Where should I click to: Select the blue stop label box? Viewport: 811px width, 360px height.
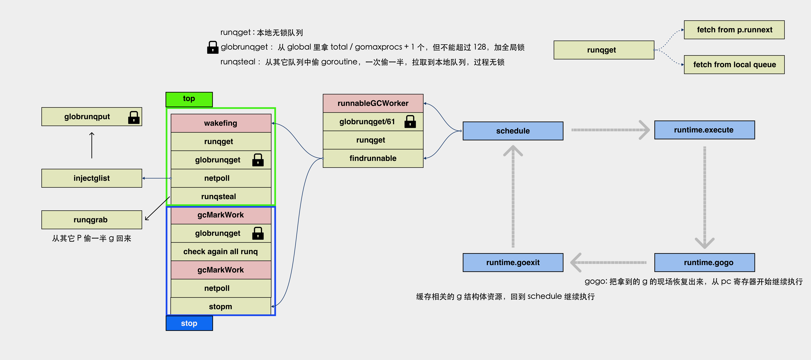tap(189, 323)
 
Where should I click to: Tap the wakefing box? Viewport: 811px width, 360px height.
tap(221, 123)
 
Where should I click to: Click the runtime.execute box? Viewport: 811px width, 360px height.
tap(704, 130)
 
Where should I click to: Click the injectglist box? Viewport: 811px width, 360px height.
tap(92, 178)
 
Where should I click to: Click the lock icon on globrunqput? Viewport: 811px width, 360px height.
tap(134, 117)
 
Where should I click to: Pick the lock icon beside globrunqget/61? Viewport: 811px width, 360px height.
tap(410, 121)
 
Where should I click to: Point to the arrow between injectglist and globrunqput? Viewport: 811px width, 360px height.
tap(92, 145)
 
